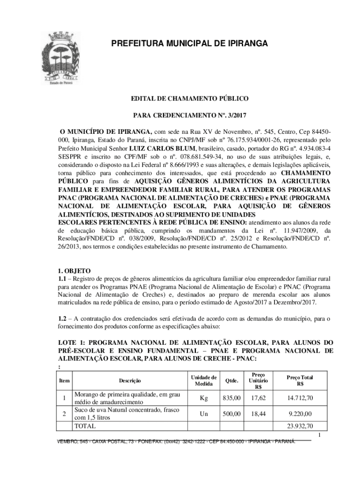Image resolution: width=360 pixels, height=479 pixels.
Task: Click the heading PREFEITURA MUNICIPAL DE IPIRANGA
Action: [x=189, y=44]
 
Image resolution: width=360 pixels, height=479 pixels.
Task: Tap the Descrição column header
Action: [x=130, y=381]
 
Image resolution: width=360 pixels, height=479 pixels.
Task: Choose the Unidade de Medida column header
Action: [x=203, y=381]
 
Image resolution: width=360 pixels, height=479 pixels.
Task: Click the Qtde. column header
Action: [x=232, y=381]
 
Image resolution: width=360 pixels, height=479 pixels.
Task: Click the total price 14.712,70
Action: [x=300, y=398]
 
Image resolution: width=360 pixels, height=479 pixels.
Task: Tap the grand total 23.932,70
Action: [x=300, y=426]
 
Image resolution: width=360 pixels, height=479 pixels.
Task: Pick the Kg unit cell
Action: [x=203, y=398]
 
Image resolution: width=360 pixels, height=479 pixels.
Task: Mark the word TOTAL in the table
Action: [x=85, y=426]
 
